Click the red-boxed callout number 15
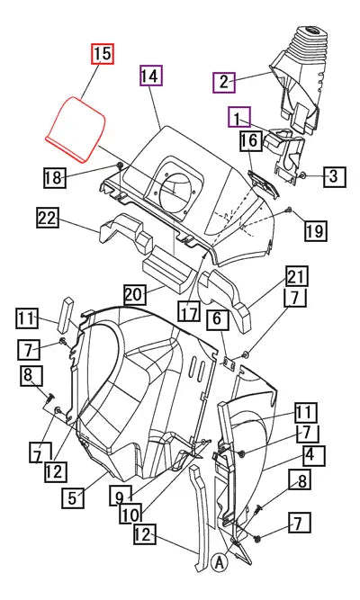[x=103, y=54]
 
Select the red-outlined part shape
[x=78, y=130]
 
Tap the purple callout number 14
[x=150, y=76]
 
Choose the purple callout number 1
[x=239, y=118]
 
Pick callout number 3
[x=333, y=175]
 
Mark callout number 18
[x=54, y=178]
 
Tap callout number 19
[x=314, y=231]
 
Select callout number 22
[x=48, y=217]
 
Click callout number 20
[x=133, y=293]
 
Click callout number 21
[x=297, y=275]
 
